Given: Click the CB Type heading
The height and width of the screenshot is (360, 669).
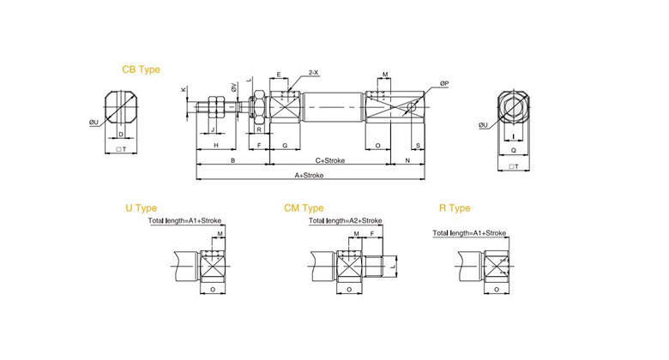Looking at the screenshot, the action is (141, 69).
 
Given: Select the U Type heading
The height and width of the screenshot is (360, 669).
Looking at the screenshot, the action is (141, 208).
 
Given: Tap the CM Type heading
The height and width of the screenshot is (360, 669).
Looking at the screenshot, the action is (304, 208).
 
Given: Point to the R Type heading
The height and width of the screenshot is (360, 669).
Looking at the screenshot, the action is (455, 208).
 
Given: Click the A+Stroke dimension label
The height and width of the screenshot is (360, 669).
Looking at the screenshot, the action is (309, 176).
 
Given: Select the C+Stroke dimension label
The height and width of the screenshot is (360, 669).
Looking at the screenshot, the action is (330, 161).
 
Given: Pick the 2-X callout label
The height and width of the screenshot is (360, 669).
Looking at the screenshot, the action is (314, 73).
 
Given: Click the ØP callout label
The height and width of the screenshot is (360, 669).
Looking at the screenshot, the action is (444, 84).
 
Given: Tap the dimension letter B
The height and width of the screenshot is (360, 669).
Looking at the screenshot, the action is (233, 161).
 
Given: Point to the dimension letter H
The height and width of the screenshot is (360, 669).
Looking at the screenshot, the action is (216, 146).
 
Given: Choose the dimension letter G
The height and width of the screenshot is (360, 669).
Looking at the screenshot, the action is (285, 146).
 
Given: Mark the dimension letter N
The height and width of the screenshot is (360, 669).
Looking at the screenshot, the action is (407, 161).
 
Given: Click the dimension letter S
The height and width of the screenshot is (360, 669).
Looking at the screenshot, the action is (419, 146).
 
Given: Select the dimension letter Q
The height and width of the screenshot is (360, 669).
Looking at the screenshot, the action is (513, 150).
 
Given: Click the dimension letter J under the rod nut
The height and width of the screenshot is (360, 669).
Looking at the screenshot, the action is (213, 129).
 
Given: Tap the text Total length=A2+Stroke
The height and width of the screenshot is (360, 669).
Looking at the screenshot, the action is (345, 220).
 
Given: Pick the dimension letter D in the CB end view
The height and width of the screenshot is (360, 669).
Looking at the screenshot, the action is (121, 135).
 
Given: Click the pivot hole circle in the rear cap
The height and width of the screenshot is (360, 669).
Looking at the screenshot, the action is (412, 106).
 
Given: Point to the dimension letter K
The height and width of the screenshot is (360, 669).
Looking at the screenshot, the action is (183, 90).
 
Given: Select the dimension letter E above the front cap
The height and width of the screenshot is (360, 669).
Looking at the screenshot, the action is (279, 75).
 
